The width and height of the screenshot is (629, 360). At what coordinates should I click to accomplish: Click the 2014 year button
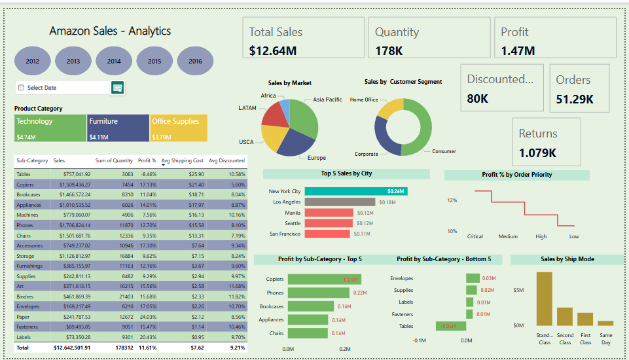[114, 61]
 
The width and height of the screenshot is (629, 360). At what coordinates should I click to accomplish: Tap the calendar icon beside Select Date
[118, 88]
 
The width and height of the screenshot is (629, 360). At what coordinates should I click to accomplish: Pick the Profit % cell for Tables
[147, 174]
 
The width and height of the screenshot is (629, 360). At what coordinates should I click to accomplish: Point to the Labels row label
[24, 337]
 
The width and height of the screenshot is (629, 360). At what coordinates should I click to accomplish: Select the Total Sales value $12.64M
[273, 50]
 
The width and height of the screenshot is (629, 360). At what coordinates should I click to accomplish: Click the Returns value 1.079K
[537, 153]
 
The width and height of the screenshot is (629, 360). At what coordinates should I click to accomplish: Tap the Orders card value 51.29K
[575, 99]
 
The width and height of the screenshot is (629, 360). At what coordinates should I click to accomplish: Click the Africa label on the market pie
[268, 96]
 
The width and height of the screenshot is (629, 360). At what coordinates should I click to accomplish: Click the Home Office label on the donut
[364, 99]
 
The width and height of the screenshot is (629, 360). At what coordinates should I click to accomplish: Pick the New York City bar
[356, 191]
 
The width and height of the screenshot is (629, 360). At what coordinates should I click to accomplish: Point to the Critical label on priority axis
[475, 236]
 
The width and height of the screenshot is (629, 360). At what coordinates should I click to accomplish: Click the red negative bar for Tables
[450, 326]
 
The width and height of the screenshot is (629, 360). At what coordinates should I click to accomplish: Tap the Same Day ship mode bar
[605, 323]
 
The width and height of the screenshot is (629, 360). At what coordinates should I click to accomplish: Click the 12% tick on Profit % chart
[452, 200]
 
